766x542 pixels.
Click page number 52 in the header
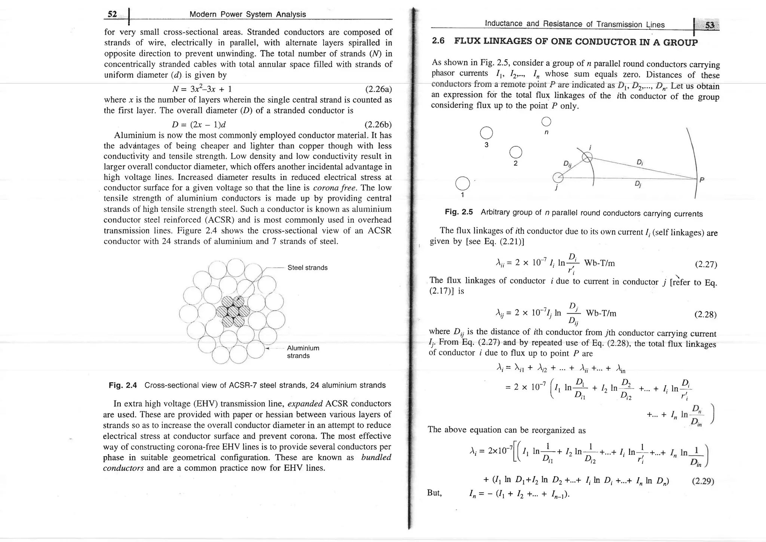112,14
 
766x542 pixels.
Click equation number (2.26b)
378,124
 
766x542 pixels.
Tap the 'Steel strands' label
307,268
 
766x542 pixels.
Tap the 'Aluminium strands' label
303,352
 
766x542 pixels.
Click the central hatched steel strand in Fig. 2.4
233,311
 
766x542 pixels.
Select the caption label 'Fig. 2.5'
459,212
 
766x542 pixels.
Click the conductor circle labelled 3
486,133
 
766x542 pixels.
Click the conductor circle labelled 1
462,183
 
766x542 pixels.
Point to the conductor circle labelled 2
515,152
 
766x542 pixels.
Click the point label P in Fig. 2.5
702,180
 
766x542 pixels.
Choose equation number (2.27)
705,265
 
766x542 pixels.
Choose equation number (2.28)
705,314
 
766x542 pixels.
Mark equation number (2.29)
703,481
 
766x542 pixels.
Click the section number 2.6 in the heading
438,41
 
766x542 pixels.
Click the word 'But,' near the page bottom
435,493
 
